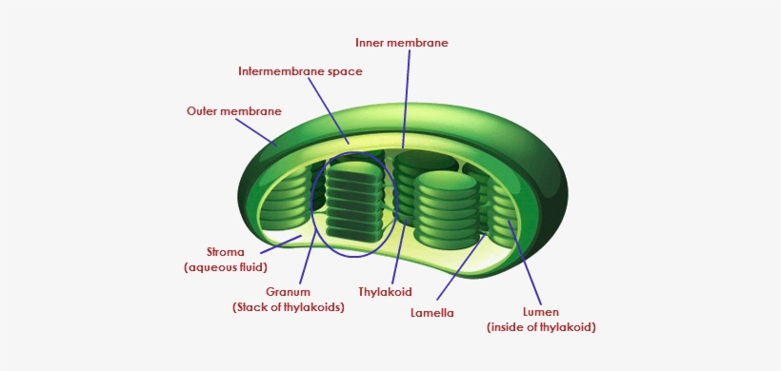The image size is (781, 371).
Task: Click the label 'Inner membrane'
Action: tap(401, 43)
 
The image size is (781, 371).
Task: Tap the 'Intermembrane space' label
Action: tap(300, 71)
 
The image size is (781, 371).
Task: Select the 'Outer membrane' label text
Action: tap(233, 111)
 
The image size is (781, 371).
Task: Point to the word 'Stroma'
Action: tap(225, 253)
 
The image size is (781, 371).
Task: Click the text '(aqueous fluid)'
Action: tap(225, 269)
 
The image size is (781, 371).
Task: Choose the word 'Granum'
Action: tap(289, 291)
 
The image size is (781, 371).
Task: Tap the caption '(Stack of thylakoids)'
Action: tap(289, 307)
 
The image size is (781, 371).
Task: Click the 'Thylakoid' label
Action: tap(385, 291)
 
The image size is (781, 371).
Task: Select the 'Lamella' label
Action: tap(431, 313)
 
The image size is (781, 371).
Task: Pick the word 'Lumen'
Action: tap(541, 311)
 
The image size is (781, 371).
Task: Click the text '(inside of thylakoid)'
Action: tap(541, 327)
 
